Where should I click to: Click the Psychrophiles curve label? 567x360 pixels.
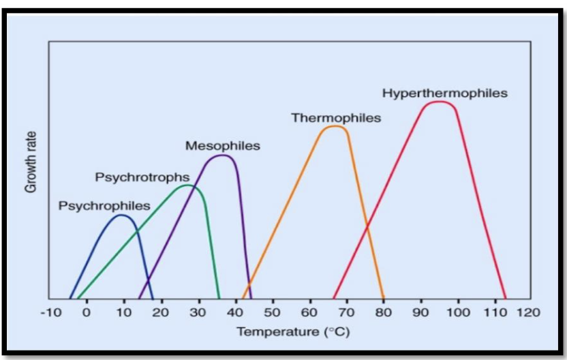pyautogui.click(x=104, y=205)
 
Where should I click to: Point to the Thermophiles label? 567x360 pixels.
pyautogui.click(x=336, y=118)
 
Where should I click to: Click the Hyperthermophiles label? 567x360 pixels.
pyautogui.click(x=444, y=93)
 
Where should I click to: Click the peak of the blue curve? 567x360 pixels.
pyautogui.click(x=121, y=215)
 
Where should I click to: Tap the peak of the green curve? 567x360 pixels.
pyautogui.click(x=187, y=185)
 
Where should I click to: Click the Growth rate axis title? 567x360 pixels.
pyautogui.click(x=31, y=162)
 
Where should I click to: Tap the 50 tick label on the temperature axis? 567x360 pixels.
pyautogui.click(x=273, y=313)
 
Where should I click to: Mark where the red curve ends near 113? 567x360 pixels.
pyautogui.click(x=505, y=298)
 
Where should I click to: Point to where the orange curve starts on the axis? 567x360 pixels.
pyautogui.click(x=243, y=298)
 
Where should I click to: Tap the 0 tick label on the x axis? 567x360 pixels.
pyautogui.click(x=87, y=313)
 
